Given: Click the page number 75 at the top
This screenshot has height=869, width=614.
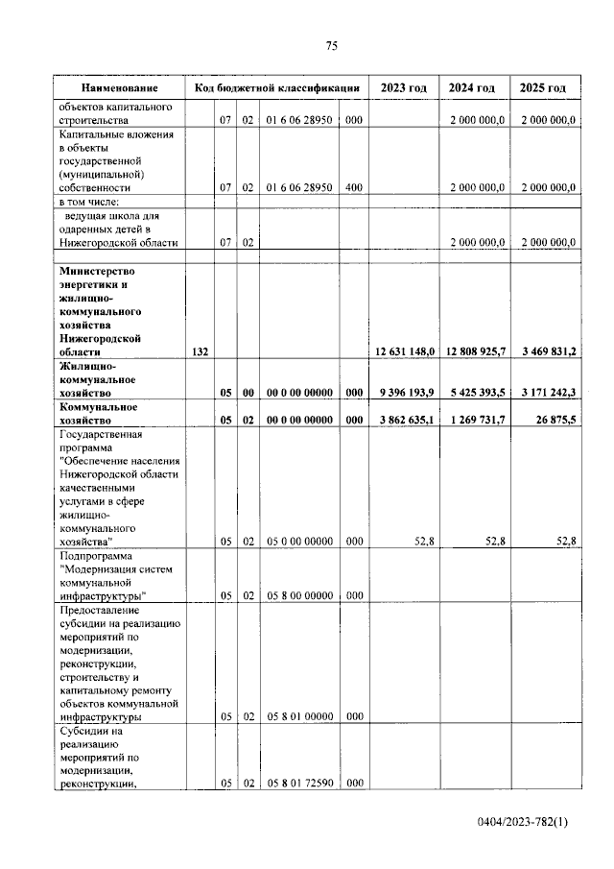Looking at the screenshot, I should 332,46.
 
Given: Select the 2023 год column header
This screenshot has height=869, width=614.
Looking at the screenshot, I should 403,87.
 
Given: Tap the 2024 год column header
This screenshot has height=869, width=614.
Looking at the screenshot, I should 472,87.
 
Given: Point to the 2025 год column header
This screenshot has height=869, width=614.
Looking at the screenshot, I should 543,87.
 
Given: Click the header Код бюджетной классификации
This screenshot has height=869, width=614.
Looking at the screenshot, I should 276,87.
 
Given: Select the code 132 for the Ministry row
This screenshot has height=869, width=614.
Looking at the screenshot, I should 200,352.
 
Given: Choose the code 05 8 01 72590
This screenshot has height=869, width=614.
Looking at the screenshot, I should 299,784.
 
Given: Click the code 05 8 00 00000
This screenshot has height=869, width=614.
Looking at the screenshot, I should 299,595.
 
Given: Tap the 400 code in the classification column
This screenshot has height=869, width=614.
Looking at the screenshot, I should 353,188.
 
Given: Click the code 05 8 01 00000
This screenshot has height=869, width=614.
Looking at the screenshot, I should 299,716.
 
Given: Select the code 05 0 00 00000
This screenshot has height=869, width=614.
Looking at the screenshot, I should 299,542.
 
